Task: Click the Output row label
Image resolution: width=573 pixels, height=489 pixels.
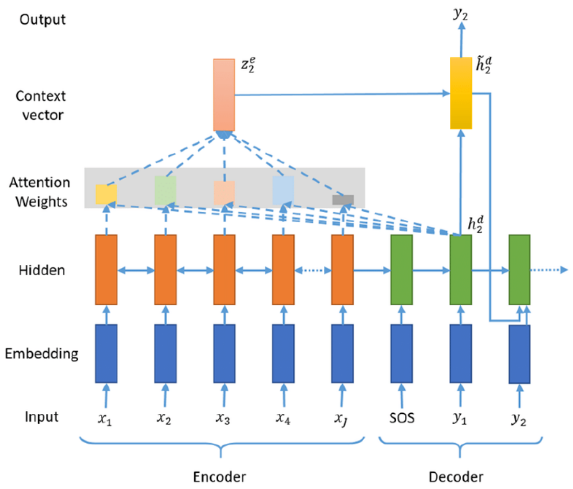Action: tap(43, 20)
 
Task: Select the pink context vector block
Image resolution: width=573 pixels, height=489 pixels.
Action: tap(224, 95)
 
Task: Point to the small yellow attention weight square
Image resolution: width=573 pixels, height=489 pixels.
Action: tap(106, 195)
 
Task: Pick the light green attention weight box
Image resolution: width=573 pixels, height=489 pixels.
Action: tap(165, 190)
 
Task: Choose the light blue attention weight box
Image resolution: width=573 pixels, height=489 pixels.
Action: tap(283, 190)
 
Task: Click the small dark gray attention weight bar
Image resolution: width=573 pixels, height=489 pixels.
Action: tap(343, 200)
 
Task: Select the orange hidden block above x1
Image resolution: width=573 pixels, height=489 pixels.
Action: tap(106, 270)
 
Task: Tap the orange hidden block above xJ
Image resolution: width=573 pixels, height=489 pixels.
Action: tap(342, 270)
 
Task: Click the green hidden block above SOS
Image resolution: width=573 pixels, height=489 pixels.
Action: tap(401, 270)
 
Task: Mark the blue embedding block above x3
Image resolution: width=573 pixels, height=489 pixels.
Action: tap(224, 354)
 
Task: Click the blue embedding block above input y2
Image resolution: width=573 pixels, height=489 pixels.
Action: tap(519, 354)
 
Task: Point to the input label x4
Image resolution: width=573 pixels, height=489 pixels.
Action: tap(283, 418)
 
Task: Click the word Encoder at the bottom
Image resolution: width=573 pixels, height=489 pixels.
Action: tap(219, 477)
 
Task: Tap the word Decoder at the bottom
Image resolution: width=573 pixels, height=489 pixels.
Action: tap(456, 477)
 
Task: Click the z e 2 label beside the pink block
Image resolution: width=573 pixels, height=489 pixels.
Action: tap(248, 65)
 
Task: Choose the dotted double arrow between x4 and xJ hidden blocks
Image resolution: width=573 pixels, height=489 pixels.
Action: tap(313, 270)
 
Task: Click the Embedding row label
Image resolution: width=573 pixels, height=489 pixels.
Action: tap(42, 354)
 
